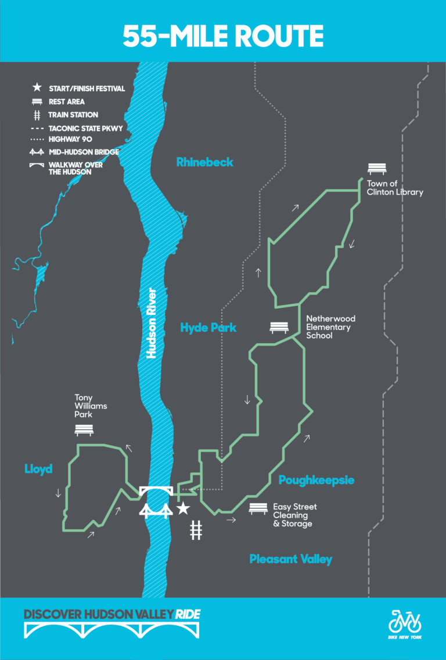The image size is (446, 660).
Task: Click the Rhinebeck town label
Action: pos(204,162)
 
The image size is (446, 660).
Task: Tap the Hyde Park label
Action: pos(208,328)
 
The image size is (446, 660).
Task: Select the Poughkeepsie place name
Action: pos(316,480)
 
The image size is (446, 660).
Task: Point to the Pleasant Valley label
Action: pos(290,559)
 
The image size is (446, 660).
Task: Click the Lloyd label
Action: pos(38,469)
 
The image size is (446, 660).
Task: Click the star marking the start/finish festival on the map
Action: pos(183,509)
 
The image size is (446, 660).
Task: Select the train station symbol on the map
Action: pos(196,529)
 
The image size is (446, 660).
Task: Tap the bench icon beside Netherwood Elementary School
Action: pos(279,328)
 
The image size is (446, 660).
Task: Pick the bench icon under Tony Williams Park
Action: pos(84,430)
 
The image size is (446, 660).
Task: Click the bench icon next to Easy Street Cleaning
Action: pos(258,509)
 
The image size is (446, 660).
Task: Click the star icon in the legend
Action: pos(37,88)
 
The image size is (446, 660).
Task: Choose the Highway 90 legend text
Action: pos(71,139)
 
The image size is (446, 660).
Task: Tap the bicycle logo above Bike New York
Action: pos(405,621)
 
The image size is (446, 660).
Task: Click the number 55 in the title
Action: pos(141,36)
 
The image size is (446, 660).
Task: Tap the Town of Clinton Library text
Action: pos(395,188)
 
